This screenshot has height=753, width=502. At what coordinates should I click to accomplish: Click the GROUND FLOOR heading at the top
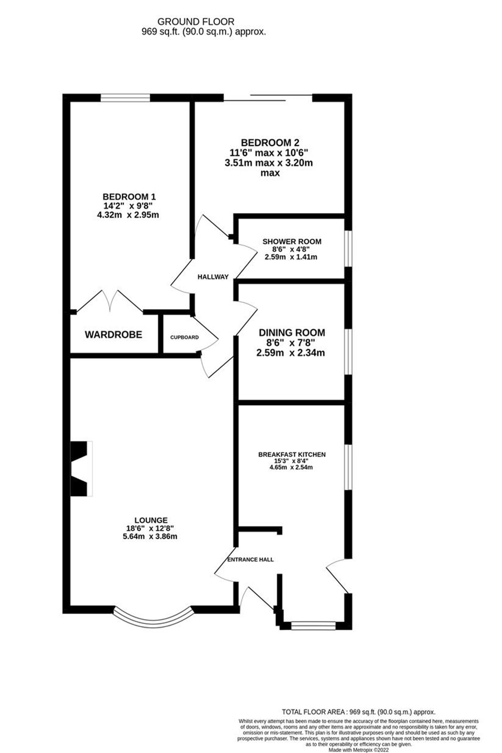(x=196, y=22)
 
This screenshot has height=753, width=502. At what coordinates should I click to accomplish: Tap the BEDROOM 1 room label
(x=125, y=196)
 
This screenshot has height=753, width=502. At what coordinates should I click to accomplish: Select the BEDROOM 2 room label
(x=273, y=143)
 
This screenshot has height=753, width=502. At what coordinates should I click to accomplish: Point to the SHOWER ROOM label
(x=292, y=241)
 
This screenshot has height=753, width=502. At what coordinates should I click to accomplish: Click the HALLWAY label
(x=213, y=277)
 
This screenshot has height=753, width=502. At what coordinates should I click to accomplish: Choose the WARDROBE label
(x=113, y=334)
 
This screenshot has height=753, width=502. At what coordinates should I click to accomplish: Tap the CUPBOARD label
(x=184, y=337)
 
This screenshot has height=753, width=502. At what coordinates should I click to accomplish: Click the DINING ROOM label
(x=292, y=332)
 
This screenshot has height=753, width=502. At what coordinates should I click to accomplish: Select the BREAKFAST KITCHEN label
(x=292, y=454)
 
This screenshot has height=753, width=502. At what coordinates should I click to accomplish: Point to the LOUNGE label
(x=151, y=521)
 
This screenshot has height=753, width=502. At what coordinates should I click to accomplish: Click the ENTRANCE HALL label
(x=250, y=559)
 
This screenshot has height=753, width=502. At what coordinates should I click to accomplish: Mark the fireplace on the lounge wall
(x=81, y=469)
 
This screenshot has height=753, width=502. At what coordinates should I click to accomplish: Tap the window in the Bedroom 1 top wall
(x=125, y=98)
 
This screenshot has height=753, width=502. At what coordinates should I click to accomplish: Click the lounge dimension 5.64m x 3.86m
(x=150, y=536)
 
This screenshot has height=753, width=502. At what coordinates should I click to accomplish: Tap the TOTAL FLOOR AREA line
(x=358, y=712)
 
